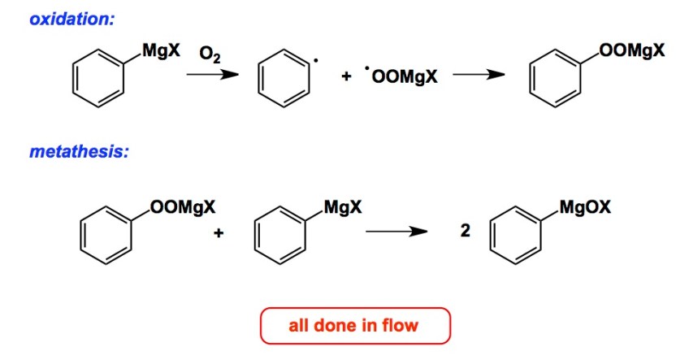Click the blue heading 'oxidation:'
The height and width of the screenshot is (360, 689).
(71, 19)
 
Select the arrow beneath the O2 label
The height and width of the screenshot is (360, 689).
(212, 76)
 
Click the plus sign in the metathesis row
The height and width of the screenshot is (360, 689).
(219, 233)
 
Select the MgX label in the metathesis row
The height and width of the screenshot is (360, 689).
(342, 206)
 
